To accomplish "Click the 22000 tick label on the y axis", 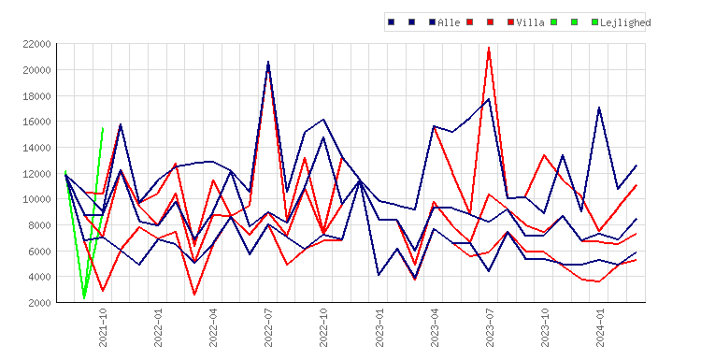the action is click(x=36, y=44).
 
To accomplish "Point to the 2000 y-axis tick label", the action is click(x=39, y=303).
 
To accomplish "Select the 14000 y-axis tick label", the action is click(x=36, y=148).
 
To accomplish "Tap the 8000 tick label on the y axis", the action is click(x=39, y=225).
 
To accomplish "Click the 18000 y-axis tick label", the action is click(x=36, y=96).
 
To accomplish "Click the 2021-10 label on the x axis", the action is click(x=103, y=327).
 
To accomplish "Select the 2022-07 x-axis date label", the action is click(x=268, y=327).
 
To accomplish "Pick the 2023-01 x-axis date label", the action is click(x=379, y=327).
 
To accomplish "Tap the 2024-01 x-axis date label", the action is click(x=600, y=327).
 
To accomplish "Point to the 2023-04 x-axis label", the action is click(x=435, y=327).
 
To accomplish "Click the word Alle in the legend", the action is click(x=449, y=22).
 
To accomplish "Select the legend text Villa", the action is click(x=530, y=22).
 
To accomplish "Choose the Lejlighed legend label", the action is click(x=625, y=22).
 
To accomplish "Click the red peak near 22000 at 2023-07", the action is click(x=489, y=47).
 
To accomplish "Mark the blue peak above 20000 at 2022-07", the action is click(x=268, y=62).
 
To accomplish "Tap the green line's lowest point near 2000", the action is click(x=84, y=298).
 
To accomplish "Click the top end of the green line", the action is click(x=103, y=128).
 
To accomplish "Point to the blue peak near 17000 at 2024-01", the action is click(x=599, y=108).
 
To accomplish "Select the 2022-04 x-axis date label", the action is click(x=213, y=327).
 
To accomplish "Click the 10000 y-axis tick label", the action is click(x=36, y=199).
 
